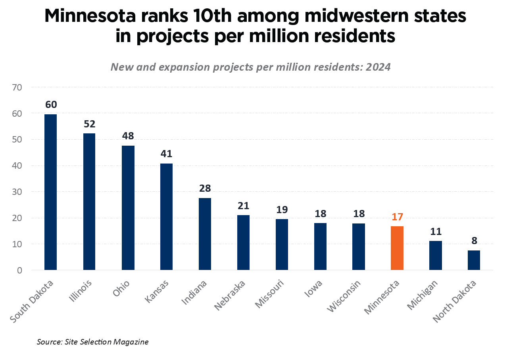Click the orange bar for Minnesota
[x=397, y=248]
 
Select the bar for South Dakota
[x=50, y=192]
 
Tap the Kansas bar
[x=166, y=217]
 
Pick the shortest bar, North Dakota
[x=474, y=260]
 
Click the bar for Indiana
[x=205, y=234]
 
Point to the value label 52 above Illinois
[x=89, y=124]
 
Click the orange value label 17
[x=397, y=217]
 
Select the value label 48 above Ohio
[x=128, y=136]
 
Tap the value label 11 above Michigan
[x=435, y=232]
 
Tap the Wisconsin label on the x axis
[x=344, y=296]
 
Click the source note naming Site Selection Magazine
[x=92, y=342]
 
